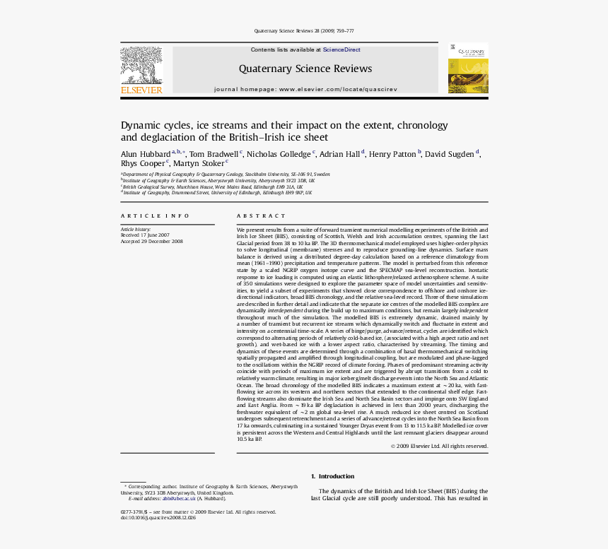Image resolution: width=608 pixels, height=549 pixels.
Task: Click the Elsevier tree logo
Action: (141, 66)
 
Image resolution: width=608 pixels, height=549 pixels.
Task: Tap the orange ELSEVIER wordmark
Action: (141, 90)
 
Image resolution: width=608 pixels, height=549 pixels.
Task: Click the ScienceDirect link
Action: (341, 50)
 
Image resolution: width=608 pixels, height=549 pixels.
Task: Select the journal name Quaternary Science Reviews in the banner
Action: (305, 69)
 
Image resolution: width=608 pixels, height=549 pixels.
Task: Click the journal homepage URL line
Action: (305, 90)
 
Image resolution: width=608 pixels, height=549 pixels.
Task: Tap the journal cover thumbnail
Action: (467, 69)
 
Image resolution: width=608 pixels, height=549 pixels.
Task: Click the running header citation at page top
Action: (304, 31)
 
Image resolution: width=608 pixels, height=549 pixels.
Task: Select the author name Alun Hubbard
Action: (145, 154)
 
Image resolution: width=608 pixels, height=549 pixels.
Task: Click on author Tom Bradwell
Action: (214, 154)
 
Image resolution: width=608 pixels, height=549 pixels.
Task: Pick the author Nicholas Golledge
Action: (279, 154)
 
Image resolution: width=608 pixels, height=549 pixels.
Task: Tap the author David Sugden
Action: (450, 154)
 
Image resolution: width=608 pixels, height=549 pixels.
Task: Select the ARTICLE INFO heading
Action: (155, 216)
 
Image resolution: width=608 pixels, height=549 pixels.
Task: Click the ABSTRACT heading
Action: (252, 216)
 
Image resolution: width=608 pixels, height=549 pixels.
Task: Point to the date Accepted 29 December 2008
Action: (151, 241)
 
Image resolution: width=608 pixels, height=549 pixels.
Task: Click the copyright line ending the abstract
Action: (439, 446)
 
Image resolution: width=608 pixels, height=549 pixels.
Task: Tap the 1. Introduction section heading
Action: (332, 476)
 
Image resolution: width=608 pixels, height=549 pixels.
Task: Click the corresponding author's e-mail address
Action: (179, 499)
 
